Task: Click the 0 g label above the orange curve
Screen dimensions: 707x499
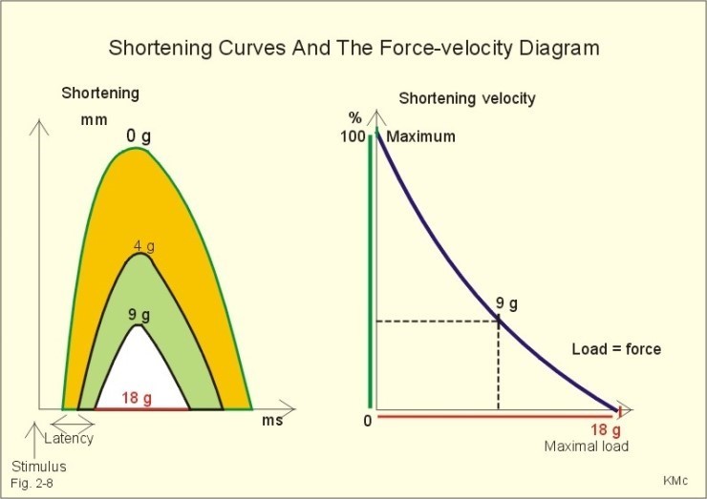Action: pyautogui.click(x=139, y=135)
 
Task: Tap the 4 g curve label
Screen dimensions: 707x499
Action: pyautogui.click(x=144, y=246)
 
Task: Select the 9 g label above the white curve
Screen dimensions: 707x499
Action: pyautogui.click(x=139, y=315)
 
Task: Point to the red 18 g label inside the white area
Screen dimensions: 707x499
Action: pyautogui.click(x=137, y=398)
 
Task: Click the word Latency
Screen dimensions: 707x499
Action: pyautogui.click(x=69, y=438)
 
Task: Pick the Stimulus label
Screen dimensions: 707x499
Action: pyautogui.click(x=39, y=467)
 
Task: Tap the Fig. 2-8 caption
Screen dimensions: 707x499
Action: pyautogui.click(x=32, y=484)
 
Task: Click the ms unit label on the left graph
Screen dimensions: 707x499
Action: pyautogui.click(x=272, y=420)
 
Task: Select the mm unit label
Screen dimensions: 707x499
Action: pyautogui.click(x=94, y=120)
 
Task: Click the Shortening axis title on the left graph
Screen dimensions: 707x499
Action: pyautogui.click(x=100, y=94)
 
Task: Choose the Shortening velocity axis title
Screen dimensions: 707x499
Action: pyautogui.click(x=467, y=98)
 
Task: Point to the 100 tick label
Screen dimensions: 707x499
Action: pyautogui.click(x=353, y=136)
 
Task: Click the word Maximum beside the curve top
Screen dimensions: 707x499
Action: pyautogui.click(x=420, y=136)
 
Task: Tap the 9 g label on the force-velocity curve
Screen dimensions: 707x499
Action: pyautogui.click(x=506, y=304)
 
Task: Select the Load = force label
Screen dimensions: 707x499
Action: pyautogui.click(x=616, y=348)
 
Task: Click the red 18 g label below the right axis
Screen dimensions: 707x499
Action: pyautogui.click(x=606, y=430)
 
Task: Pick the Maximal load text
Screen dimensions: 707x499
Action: pyautogui.click(x=587, y=446)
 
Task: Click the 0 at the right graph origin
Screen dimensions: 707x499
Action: pyautogui.click(x=368, y=421)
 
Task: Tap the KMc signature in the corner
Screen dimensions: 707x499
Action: pyautogui.click(x=675, y=481)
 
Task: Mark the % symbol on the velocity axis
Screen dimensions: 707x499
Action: pyautogui.click(x=355, y=118)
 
